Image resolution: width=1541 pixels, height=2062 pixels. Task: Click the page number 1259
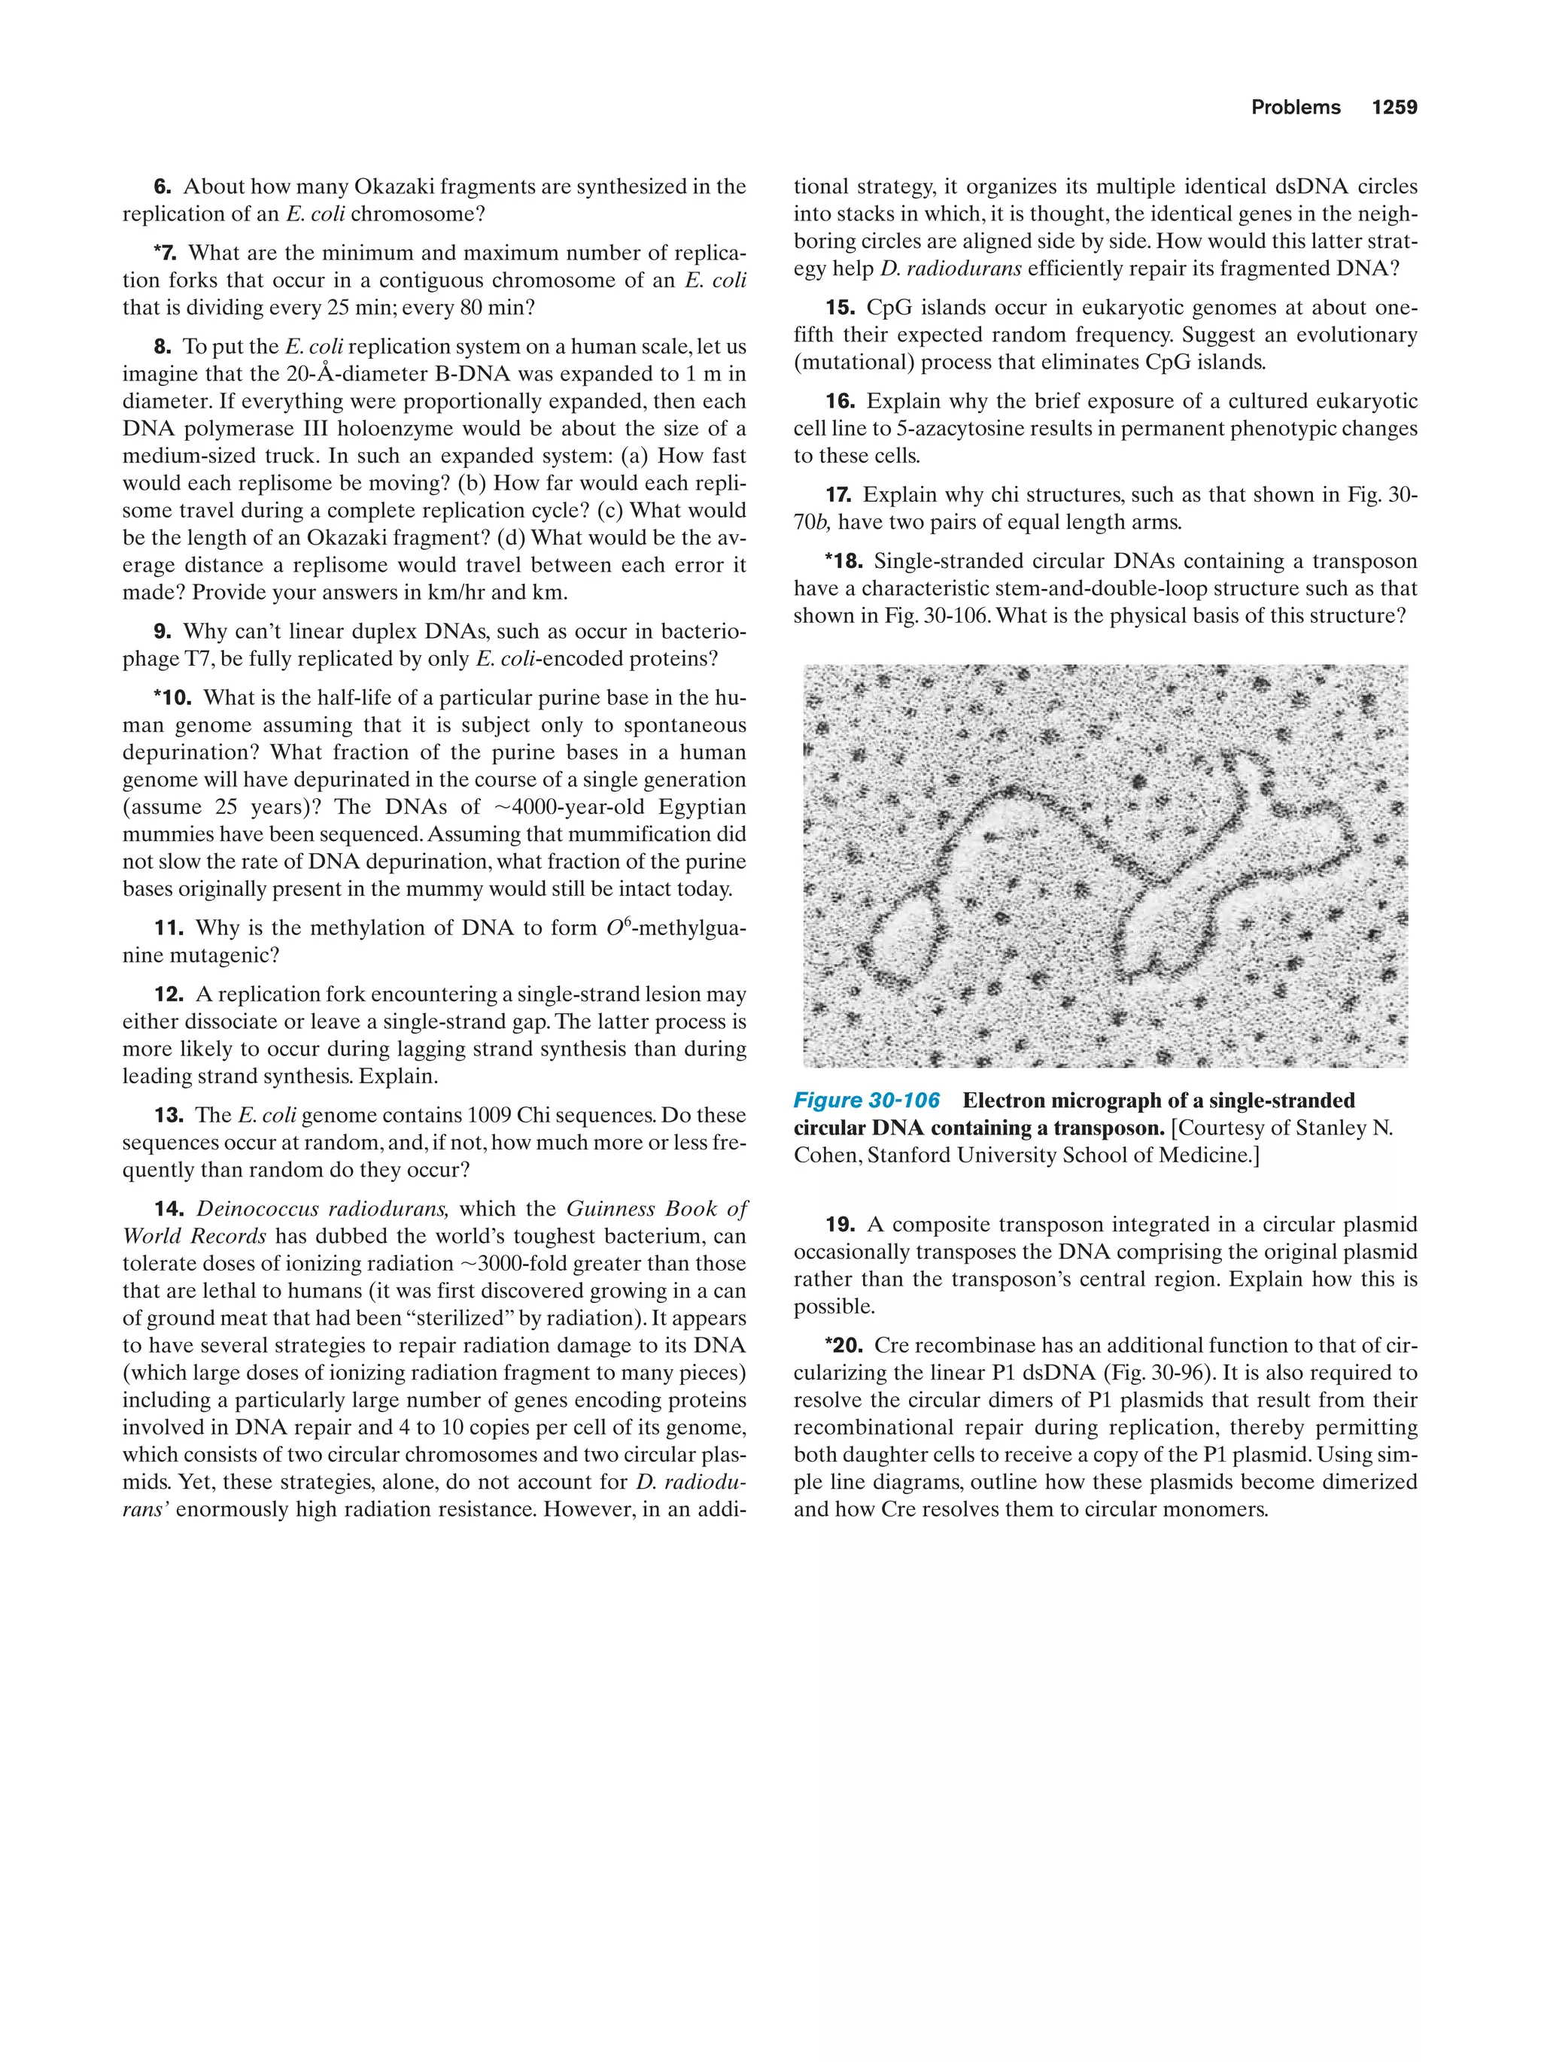(1394, 108)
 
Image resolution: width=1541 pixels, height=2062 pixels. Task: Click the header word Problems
(1295, 108)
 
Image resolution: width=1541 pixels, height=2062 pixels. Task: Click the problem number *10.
(172, 697)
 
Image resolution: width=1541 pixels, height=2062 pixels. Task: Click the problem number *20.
(843, 1345)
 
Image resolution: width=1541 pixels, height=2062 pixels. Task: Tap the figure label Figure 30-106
(866, 1100)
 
